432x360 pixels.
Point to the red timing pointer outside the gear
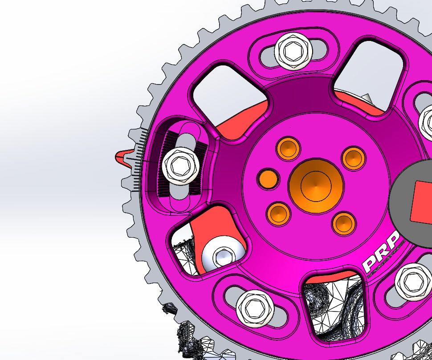click(122, 157)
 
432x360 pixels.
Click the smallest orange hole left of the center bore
click(268, 178)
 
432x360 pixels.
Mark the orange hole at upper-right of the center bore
click(354, 158)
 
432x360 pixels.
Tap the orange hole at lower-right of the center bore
click(344, 223)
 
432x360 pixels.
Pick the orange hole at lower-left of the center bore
click(278, 213)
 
